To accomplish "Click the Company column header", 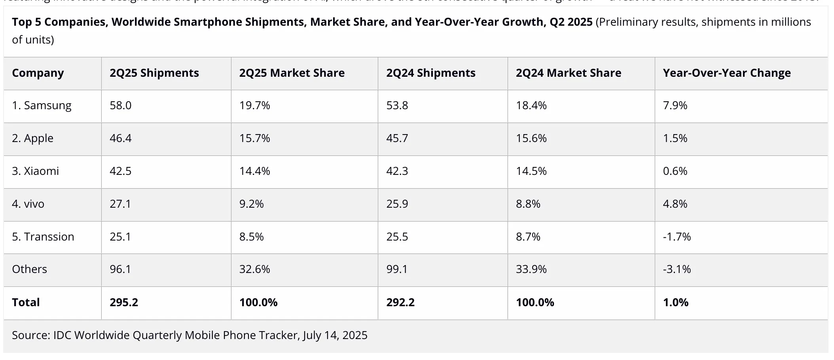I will pos(38,73).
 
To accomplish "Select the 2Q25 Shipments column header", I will pos(154,73).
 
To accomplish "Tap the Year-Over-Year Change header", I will pos(727,73).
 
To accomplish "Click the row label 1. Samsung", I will pos(42,106).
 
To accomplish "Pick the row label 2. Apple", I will pos(32,138).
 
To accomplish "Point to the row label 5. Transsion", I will pos(43,237).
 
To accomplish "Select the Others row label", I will pos(29,269).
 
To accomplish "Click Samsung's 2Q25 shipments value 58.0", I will pos(121,106).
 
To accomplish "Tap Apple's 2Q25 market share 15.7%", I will pos(254,138).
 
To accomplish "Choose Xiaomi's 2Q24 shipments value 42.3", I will pos(397,171).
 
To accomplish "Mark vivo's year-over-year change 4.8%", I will pos(675,204).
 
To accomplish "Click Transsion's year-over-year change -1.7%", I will pos(677,237).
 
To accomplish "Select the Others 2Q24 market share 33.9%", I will pos(531,269).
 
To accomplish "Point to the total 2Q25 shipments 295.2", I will pos(124,303).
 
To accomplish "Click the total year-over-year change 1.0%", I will pos(675,303).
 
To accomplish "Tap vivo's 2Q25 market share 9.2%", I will pos(251,204).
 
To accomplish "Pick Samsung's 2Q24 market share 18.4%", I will pos(531,106).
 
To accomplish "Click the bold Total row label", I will pos(26,303).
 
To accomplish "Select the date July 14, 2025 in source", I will pos(335,335).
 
